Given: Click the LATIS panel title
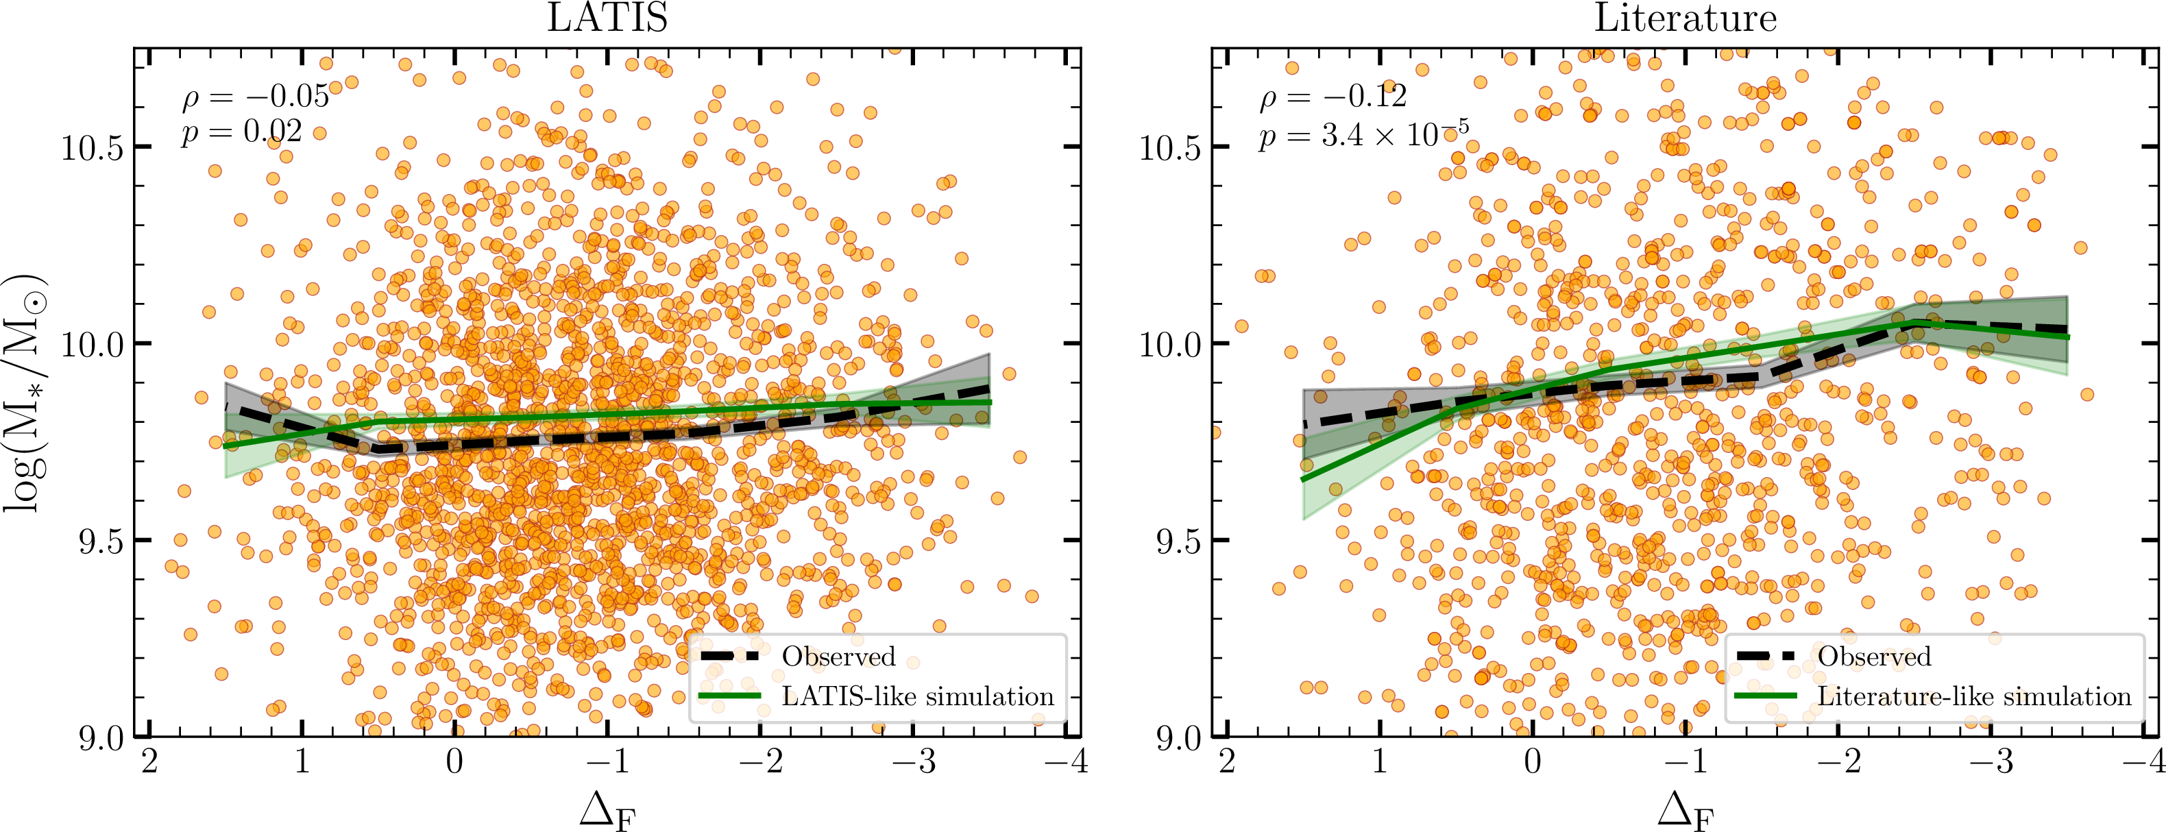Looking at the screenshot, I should coord(607,19).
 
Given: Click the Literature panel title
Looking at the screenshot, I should coord(1685,19).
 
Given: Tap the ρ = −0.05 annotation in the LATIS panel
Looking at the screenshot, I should coord(256,97).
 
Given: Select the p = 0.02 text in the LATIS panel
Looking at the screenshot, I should coord(241,132).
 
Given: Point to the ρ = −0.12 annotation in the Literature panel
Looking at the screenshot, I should coord(1333,97).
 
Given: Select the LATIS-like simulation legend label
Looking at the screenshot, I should coord(917,697).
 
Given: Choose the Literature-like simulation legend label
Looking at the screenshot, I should coord(1974,697).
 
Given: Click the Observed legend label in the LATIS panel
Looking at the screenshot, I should coord(838,657).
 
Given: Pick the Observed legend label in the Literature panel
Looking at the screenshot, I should coord(1874,657).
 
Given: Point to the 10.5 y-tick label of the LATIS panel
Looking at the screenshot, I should coord(92,148).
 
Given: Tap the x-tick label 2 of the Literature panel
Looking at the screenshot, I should coord(1227,762).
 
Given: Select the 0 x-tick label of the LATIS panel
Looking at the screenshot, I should coord(454,762).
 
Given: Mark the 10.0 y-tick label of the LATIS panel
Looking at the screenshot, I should coord(92,345).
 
